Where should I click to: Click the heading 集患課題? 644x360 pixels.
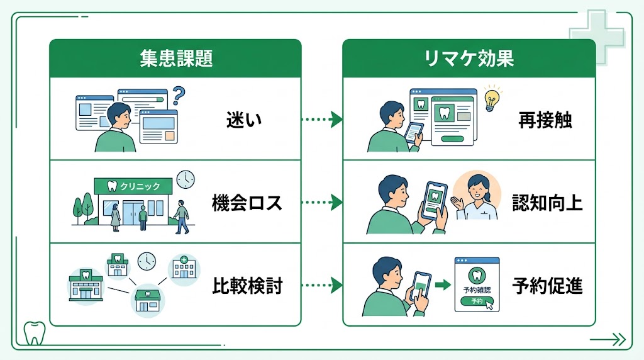click(x=175, y=59)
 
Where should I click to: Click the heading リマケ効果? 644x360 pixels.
click(x=469, y=59)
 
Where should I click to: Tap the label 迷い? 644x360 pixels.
click(x=243, y=120)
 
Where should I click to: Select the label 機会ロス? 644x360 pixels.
click(x=247, y=203)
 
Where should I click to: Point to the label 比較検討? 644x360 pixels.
click(x=247, y=286)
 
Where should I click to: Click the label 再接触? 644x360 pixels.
click(x=545, y=120)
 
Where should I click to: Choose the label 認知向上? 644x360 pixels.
click(x=547, y=203)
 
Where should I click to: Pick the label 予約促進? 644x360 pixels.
click(x=547, y=286)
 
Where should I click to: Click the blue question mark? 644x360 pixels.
click(x=179, y=96)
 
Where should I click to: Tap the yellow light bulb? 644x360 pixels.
click(x=491, y=99)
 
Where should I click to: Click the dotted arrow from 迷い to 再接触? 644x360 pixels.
click(x=321, y=120)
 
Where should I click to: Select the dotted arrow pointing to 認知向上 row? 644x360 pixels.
click(x=321, y=203)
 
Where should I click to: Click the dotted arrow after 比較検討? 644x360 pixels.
click(x=321, y=286)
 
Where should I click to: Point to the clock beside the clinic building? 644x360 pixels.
click(x=186, y=179)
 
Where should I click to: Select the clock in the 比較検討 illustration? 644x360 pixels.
click(x=147, y=261)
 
